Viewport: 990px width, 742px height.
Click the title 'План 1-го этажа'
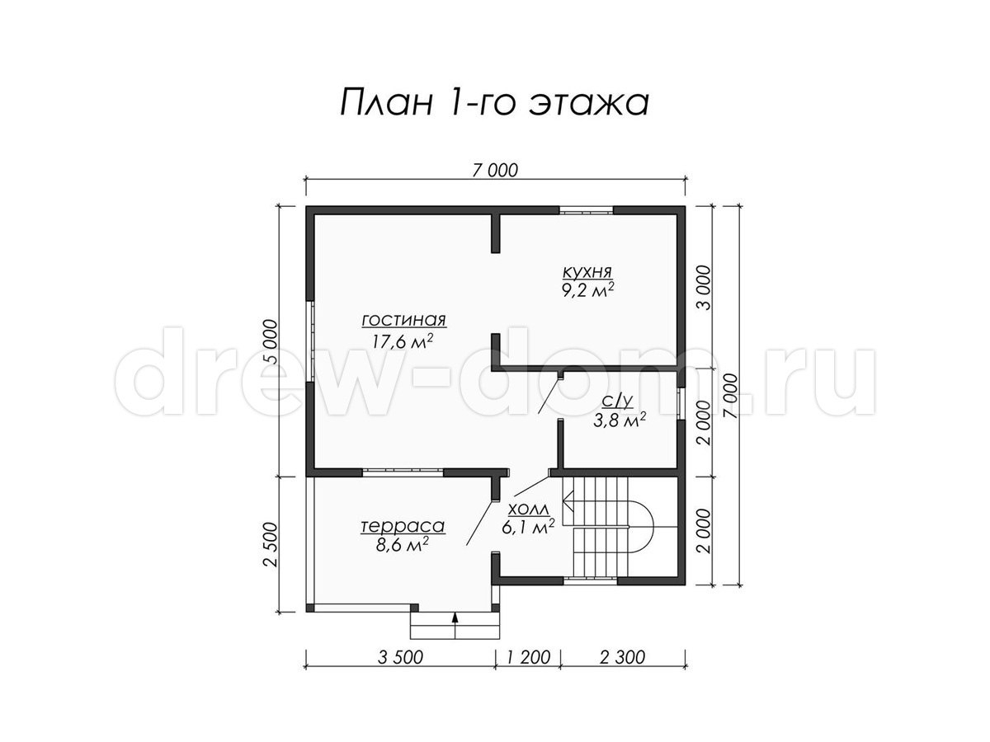click(x=494, y=104)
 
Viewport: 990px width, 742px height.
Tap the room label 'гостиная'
click(x=403, y=320)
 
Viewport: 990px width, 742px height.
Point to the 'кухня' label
click(x=587, y=272)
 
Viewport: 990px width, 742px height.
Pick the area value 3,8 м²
click(x=620, y=421)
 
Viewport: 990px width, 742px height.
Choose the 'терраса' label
click(x=403, y=526)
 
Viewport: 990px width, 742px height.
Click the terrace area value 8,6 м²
click(x=402, y=545)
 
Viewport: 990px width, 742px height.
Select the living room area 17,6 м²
click(x=403, y=341)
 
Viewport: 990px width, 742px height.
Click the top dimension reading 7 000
click(x=495, y=171)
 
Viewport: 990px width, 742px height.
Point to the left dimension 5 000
click(x=272, y=341)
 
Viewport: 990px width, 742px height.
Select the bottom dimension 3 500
click(x=400, y=657)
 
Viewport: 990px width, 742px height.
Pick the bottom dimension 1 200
click(x=528, y=657)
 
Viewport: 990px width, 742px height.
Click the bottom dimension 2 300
click(x=622, y=657)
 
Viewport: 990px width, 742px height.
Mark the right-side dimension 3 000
click(x=704, y=288)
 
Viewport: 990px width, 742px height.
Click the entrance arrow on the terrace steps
click(x=455, y=624)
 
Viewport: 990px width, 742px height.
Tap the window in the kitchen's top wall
click(x=587, y=210)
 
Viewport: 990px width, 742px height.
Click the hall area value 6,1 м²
click(x=528, y=528)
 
